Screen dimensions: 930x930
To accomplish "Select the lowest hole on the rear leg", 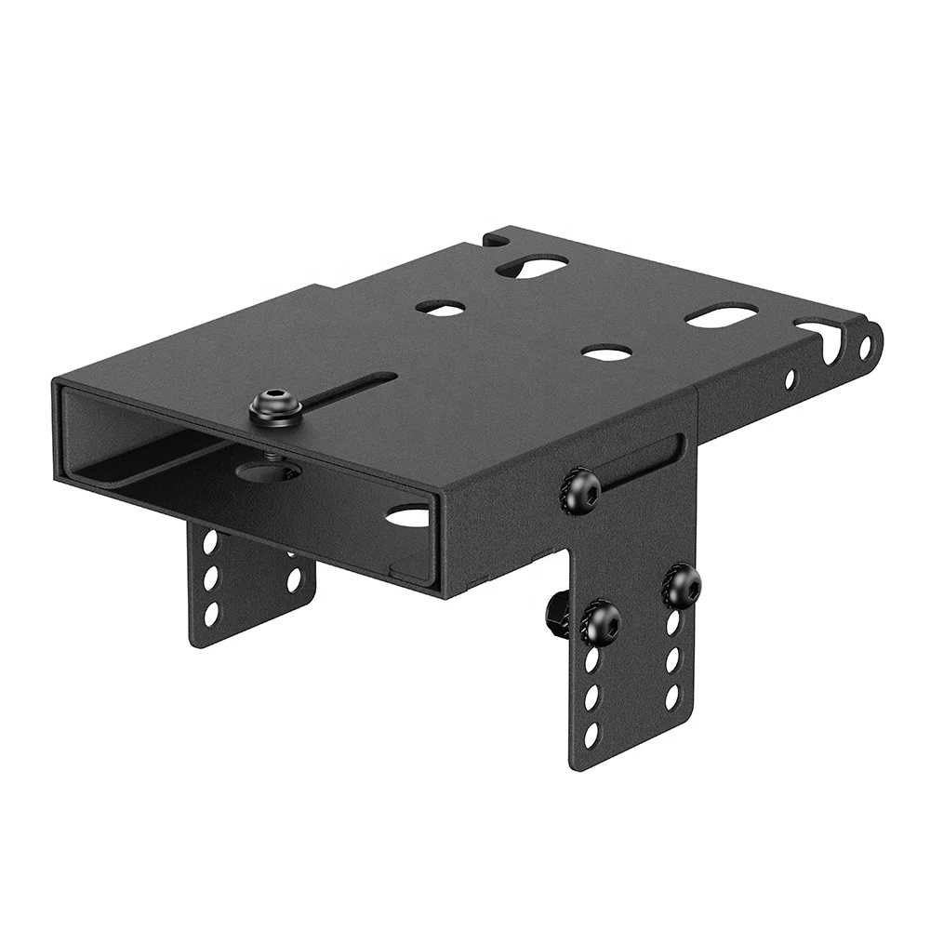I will [x=210, y=613].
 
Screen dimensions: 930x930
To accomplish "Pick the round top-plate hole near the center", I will [x=441, y=307].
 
